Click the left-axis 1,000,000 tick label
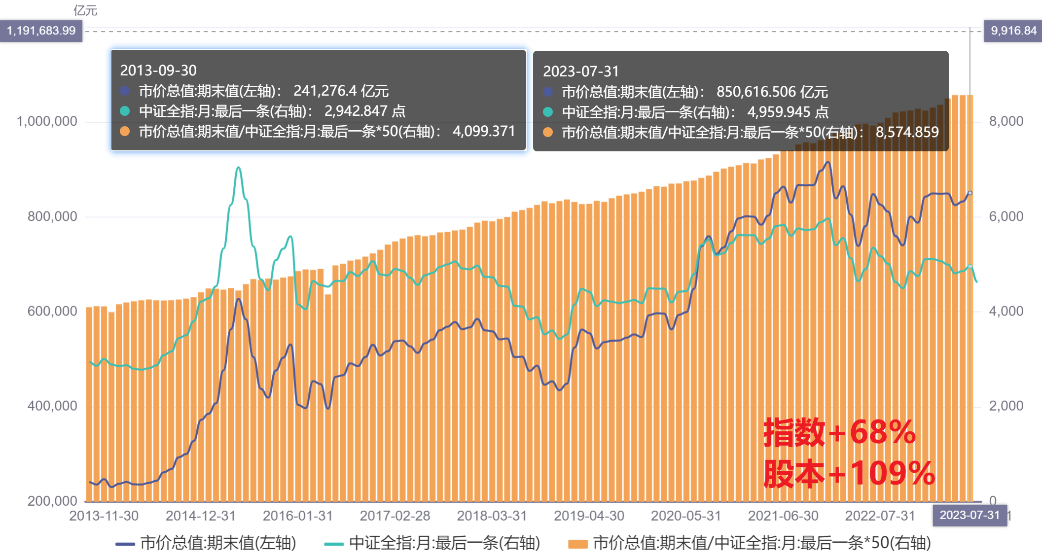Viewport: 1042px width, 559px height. click(x=47, y=121)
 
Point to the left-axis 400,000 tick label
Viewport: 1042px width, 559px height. click(x=52, y=406)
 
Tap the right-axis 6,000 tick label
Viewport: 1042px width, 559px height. click(x=1006, y=216)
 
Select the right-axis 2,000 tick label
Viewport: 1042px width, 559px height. click(x=1006, y=406)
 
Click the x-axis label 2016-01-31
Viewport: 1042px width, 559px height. click(x=297, y=516)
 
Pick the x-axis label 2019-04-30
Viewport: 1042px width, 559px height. click(x=589, y=516)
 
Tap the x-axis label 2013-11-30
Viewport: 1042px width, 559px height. click(x=104, y=516)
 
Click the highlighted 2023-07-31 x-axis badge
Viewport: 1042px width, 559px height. click(x=969, y=515)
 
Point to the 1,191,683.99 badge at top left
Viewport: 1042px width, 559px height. click(x=41, y=31)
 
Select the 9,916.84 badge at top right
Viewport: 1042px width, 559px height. click(x=1013, y=31)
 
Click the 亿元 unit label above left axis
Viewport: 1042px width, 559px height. click(x=85, y=10)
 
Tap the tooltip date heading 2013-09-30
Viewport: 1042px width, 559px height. click(x=158, y=70)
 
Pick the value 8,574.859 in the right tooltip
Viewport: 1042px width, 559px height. click(x=907, y=132)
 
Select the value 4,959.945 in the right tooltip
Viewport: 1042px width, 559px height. click(x=778, y=112)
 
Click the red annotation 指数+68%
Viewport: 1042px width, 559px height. click(x=839, y=432)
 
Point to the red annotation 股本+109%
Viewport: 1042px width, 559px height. click(x=848, y=474)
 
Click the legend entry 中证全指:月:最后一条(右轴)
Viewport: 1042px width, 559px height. click(x=444, y=543)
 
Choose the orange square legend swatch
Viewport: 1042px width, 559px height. click(x=577, y=544)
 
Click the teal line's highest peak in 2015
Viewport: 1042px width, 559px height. click(x=238, y=168)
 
